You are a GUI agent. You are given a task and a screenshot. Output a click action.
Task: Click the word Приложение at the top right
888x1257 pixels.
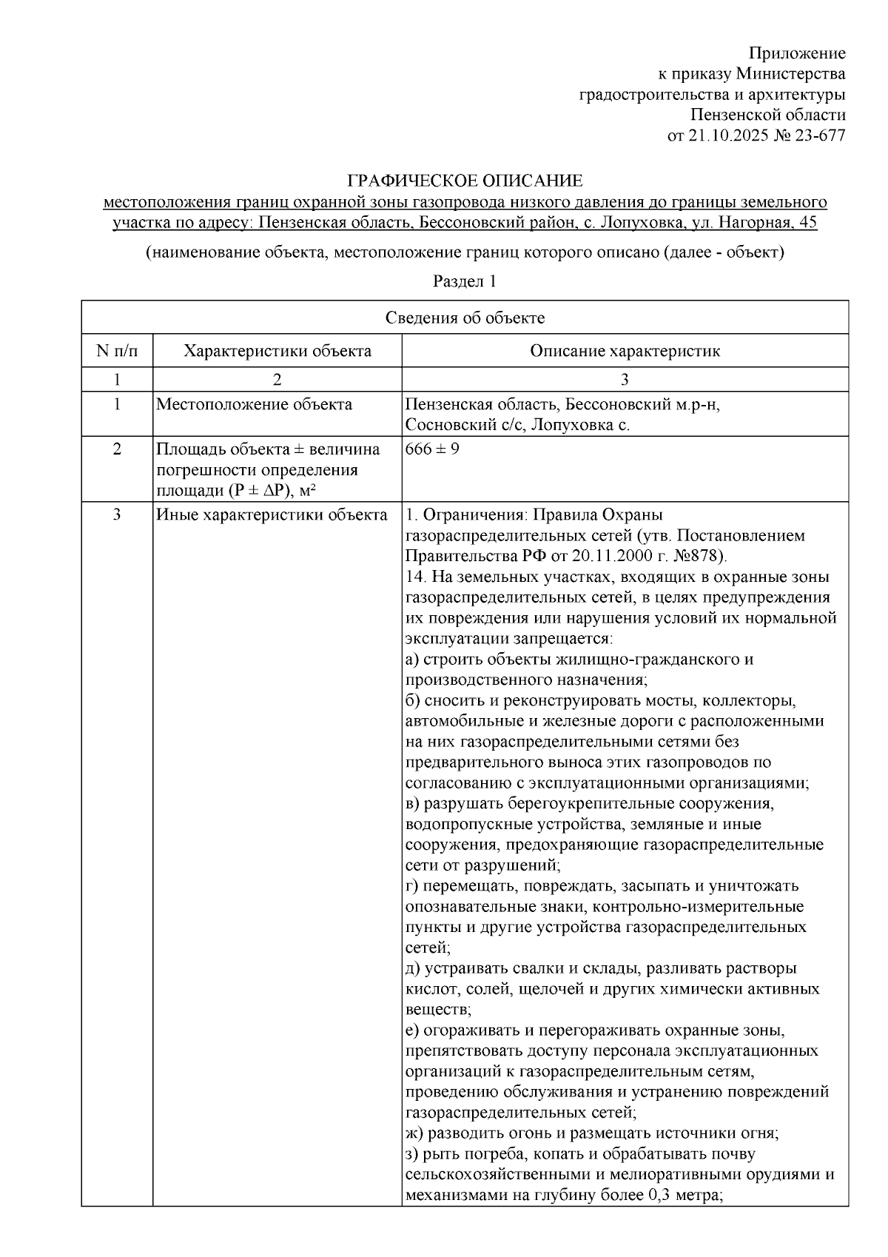click(797, 53)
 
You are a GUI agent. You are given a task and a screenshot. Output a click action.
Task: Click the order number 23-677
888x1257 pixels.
click(819, 135)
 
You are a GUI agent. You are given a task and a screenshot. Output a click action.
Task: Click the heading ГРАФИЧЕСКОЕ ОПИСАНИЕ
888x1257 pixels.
click(465, 181)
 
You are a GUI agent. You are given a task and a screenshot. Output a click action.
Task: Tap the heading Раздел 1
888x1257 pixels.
click(465, 282)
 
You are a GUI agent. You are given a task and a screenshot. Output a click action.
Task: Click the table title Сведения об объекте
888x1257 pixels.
click(465, 318)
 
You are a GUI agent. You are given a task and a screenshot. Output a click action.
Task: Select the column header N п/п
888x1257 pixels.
click(117, 351)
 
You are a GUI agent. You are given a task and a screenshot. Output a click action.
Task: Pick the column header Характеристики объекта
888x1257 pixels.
click(277, 351)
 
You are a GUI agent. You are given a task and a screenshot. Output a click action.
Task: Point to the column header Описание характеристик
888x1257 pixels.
click(625, 351)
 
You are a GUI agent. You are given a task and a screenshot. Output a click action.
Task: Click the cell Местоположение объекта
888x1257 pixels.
click(254, 405)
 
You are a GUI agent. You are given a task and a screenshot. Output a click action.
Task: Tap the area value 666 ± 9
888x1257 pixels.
click(432, 449)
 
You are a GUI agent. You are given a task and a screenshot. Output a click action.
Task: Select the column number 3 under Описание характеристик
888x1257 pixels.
click(625, 380)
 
